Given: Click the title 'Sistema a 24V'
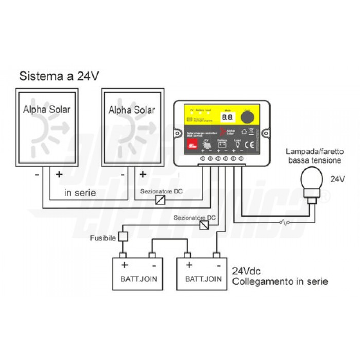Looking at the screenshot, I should tap(59, 77).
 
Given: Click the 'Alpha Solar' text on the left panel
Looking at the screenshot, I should tap(46, 110).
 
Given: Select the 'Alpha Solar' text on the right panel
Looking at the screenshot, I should tap(132, 110).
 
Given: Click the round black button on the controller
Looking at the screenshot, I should tap(248, 117).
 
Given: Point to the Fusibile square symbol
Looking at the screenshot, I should tap(123, 237).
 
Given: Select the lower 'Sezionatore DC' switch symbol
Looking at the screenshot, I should tap(204, 225).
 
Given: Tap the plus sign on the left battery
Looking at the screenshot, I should tap(124, 265).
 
